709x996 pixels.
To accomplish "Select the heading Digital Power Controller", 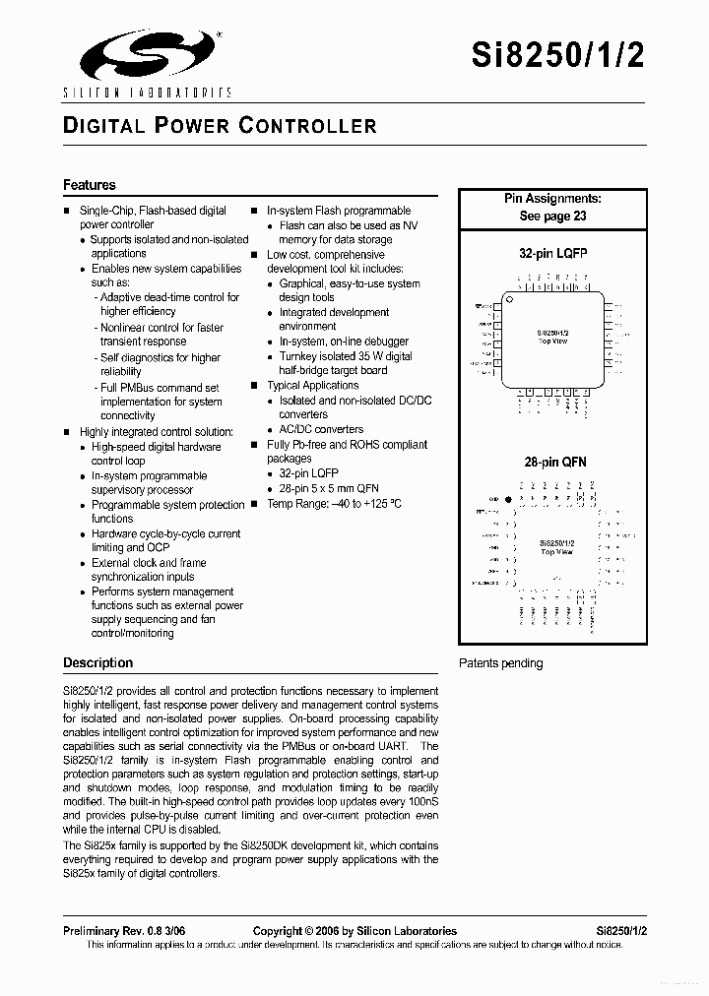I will tap(220, 126).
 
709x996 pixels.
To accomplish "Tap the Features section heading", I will tap(90, 185).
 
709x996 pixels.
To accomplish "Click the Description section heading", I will tap(97, 662).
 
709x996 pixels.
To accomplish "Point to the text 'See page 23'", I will tap(552, 216).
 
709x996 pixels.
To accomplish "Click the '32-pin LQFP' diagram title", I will tap(552, 253).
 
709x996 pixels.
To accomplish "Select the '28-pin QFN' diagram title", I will tap(553, 462).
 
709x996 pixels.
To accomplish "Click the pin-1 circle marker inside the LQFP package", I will tap(510, 299).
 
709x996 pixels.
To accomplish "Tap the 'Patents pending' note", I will tap(500, 663).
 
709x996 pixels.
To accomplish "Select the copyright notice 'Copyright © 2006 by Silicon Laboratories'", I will tap(354, 931).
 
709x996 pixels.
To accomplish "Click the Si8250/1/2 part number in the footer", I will tap(620, 931).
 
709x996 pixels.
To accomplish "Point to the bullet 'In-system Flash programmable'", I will tap(339, 211).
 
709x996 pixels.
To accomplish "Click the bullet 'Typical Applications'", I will tap(312, 386).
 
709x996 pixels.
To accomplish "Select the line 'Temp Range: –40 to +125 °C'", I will tap(334, 503).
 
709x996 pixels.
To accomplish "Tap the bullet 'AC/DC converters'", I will tap(321, 429).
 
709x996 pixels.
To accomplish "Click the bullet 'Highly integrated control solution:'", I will tap(156, 432).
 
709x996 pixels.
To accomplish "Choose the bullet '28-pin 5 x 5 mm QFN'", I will tap(328, 488).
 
